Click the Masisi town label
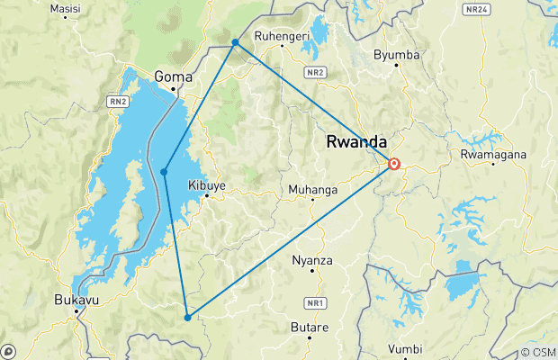click(65, 9)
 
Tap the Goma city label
click(174, 77)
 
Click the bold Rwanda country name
click(355, 142)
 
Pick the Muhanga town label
click(312, 190)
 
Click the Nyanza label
click(313, 261)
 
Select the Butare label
click(310, 328)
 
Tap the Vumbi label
click(404, 349)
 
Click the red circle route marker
click(394, 164)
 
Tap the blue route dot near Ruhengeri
click(235, 42)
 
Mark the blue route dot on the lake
click(164, 172)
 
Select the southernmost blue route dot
click(187, 317)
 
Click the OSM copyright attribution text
click(537, 352)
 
